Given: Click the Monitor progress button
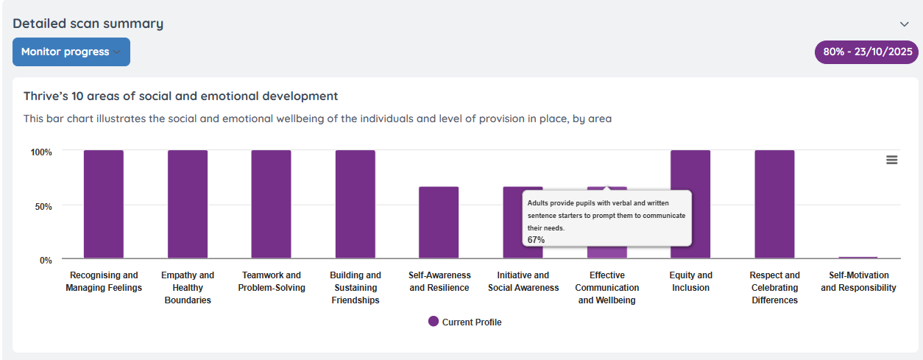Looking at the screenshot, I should click(x=71, y=52).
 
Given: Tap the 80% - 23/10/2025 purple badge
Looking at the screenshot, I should click(x=867, y=52).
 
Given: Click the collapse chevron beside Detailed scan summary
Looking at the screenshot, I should click(x=905, y=24).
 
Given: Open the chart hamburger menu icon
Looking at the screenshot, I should click(x=891, y=160).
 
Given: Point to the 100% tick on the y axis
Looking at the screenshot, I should click(x=41, y=152).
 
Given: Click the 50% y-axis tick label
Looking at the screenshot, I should click(x=43, y=206).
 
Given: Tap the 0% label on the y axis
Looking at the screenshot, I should click(x=46, y=260).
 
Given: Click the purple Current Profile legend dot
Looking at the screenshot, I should click(x=434, y=322).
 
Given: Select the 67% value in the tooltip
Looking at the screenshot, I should click(x=536, y=240).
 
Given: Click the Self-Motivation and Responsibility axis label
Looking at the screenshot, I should click(x=858, y=281).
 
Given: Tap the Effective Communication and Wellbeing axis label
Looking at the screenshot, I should click(x=608, y=287).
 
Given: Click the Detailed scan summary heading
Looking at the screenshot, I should click(x=88, y=24).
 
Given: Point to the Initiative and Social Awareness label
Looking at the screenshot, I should click(x=523, y=281).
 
